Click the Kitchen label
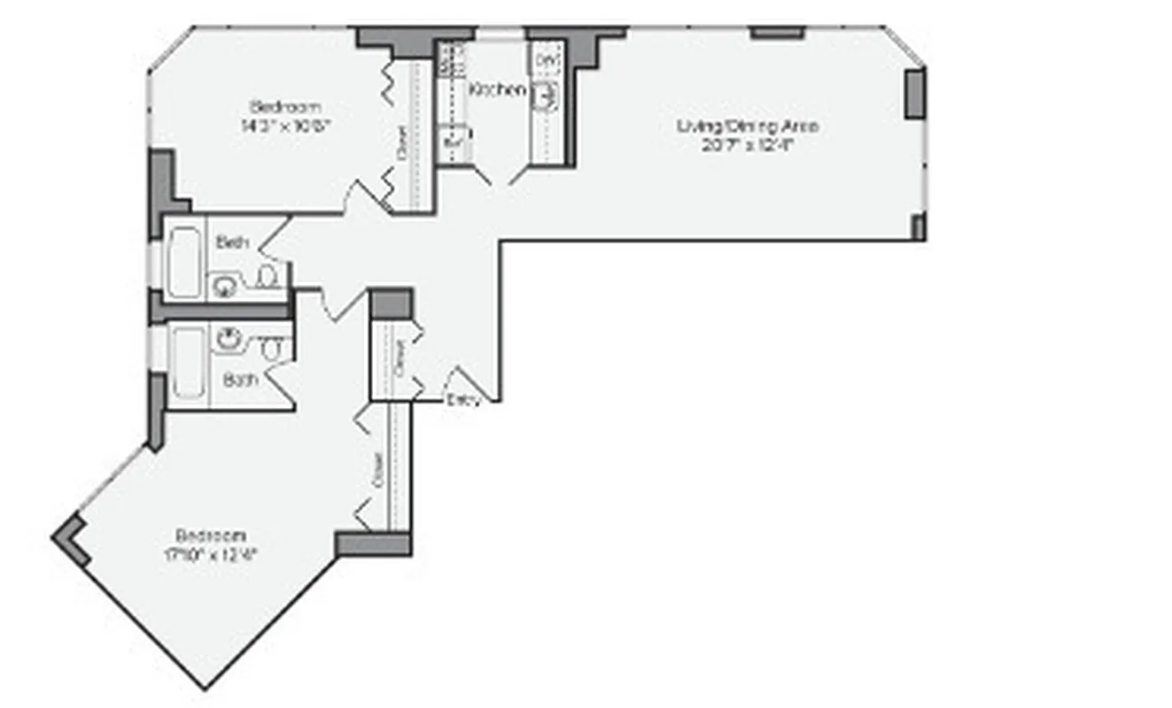497,89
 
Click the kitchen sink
546,96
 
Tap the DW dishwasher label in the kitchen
546,58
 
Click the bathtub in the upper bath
185,260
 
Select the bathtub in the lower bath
189,363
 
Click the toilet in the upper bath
265,279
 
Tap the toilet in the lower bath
271,349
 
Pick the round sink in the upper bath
222,284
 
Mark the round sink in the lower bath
229,337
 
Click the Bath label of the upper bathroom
233,242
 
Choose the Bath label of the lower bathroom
239,381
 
